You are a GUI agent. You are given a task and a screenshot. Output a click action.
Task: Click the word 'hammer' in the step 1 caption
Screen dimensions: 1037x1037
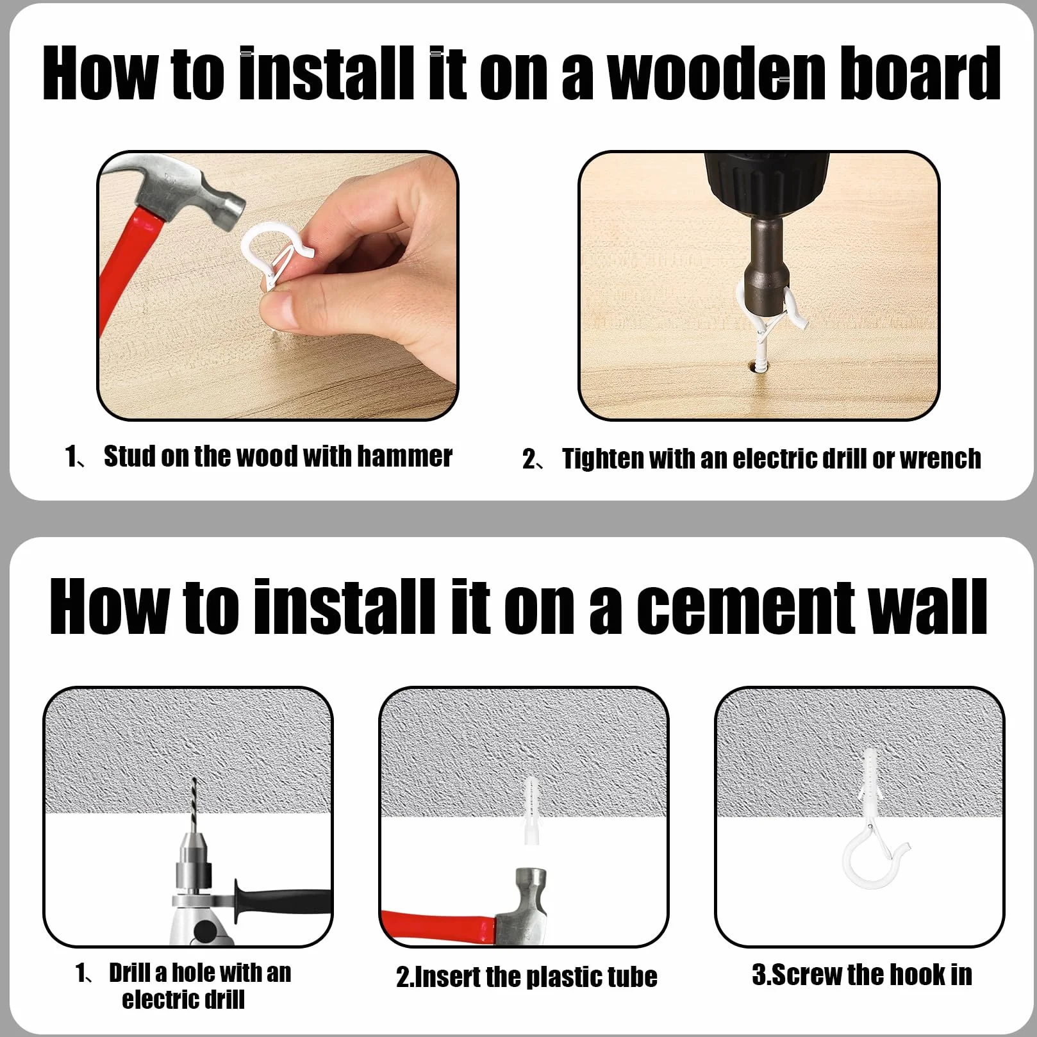pos(404,456)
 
